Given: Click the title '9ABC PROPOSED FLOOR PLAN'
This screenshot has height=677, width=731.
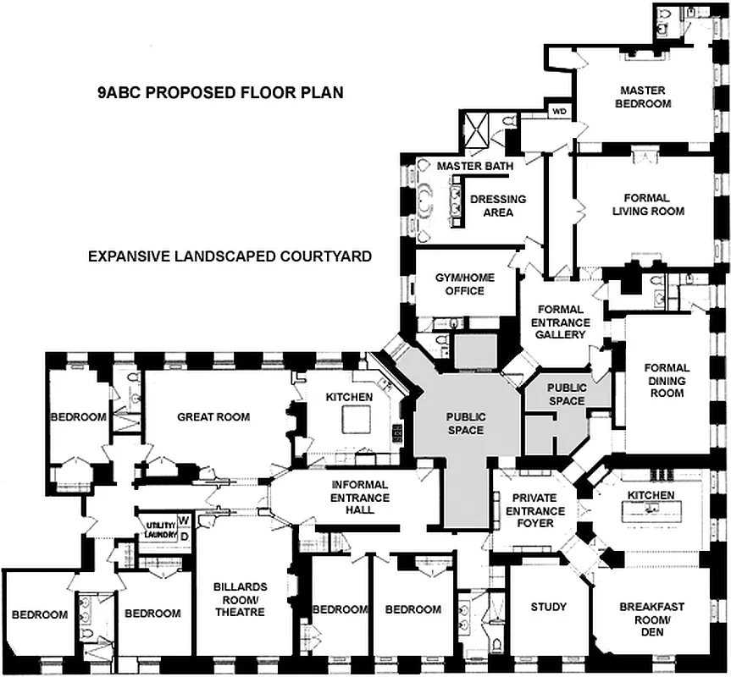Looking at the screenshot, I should pos(220,92).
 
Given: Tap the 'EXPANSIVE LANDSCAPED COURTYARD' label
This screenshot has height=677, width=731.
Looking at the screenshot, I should pos(230,256).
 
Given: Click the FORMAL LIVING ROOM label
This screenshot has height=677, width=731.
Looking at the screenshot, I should pos(649,204).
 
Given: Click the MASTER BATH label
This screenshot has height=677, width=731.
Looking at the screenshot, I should pos(474,166).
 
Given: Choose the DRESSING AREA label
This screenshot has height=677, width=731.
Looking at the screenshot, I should pos(504,205).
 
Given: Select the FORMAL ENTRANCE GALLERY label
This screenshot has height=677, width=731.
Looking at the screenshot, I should pos(560,322).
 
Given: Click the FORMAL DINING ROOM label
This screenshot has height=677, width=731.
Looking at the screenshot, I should pos(667,380).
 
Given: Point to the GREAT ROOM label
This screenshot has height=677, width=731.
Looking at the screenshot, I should pos(213,416).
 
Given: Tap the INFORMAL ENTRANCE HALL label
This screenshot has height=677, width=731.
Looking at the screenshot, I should pos(361,497).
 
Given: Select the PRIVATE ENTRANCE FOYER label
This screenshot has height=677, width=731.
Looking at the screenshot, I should pos(534,510).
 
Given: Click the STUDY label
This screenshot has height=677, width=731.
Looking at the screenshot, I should pos(548,607).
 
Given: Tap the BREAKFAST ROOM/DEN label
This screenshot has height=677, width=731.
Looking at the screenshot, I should pos(651,619).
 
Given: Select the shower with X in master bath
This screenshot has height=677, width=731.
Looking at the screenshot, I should pos(477,131).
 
